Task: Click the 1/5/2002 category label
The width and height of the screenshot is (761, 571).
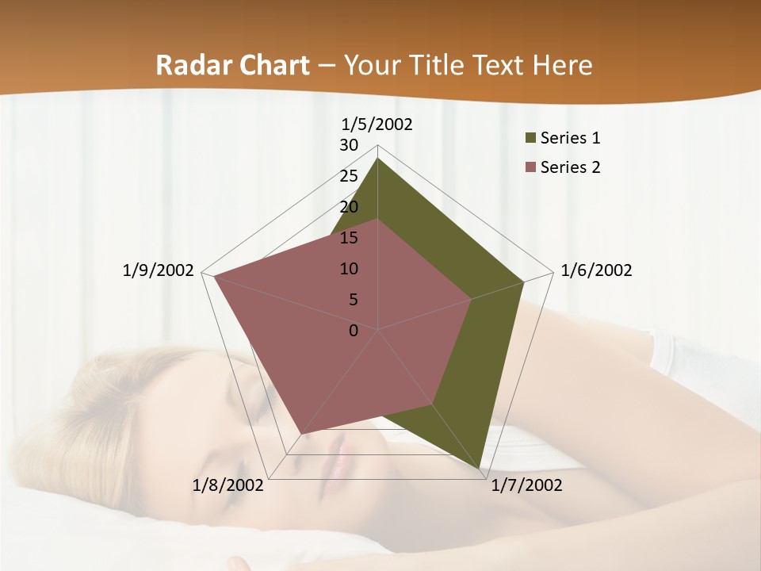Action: (x=377, y=124)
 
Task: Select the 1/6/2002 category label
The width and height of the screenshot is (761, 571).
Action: (x=596, y=270)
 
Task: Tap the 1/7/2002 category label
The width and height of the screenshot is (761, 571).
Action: (x=526, y=485)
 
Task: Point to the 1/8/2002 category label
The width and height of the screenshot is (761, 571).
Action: (x=228, y=485)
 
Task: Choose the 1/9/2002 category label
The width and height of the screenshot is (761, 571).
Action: (x=158, y=270)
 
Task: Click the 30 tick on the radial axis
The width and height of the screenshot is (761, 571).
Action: (x=349, y=145)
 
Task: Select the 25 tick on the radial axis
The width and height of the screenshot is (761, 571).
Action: (x=349, y=176)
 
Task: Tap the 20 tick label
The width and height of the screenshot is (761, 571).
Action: (x=349, y=207)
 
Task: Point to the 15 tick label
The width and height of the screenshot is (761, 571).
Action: (x=349, y=238)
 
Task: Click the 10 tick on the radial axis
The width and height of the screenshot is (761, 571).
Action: (x=349, y=269)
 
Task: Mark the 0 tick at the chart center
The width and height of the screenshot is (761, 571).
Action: (x=354, y=331)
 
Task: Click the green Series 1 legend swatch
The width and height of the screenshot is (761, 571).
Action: (x=530, y=139)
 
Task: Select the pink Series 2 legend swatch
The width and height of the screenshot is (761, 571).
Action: (x=530, y=167)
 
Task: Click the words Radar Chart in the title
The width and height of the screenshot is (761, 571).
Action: (x=232, y=65)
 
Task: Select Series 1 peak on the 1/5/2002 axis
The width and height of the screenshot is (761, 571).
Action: (x=377, y=159)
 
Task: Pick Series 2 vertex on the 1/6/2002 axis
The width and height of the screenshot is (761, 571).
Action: (x=471, y=299)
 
